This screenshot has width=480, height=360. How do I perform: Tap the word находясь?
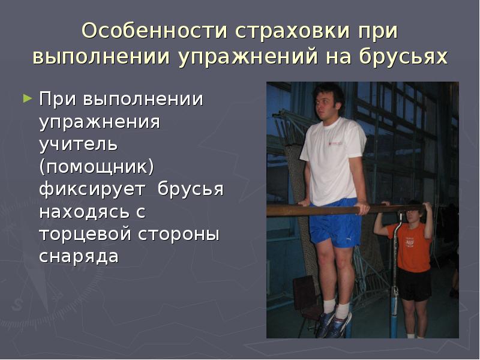86,212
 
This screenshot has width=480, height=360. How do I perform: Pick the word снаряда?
79,257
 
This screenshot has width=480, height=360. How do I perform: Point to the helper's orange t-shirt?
410,246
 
